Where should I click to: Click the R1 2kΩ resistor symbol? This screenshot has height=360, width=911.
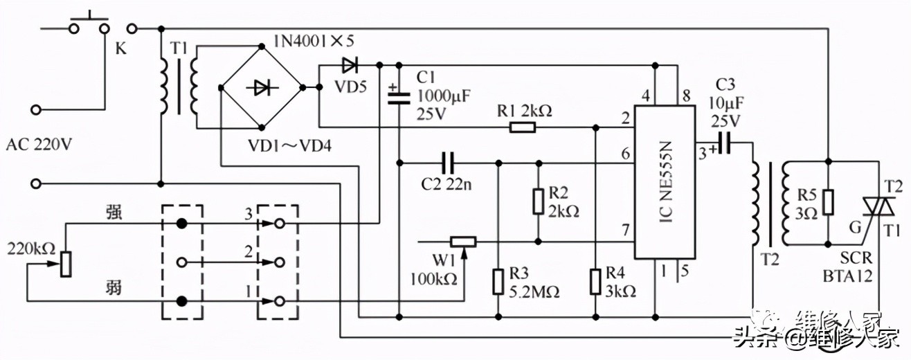(x=523, y=127)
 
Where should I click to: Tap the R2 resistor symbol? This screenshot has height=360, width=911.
(x=538, y=202)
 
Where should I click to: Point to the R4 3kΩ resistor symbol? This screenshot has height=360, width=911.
(x=596, y=282)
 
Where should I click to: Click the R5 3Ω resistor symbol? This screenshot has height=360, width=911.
(x=829, y=201)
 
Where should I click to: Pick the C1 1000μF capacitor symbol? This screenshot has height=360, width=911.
(x=399, y=96)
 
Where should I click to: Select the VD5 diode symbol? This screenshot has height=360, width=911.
(x=350, y=66)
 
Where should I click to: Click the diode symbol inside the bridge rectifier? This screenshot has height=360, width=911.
(x=262, y=87)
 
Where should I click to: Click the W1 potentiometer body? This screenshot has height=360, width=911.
(x=462, y=242)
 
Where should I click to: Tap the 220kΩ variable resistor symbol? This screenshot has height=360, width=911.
(x=65, y=263)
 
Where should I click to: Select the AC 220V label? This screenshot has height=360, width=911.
(x=39, y=145)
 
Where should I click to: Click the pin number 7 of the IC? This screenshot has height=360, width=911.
(x=626, y=229)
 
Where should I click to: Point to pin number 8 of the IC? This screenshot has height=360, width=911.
(x=686, y=96)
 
